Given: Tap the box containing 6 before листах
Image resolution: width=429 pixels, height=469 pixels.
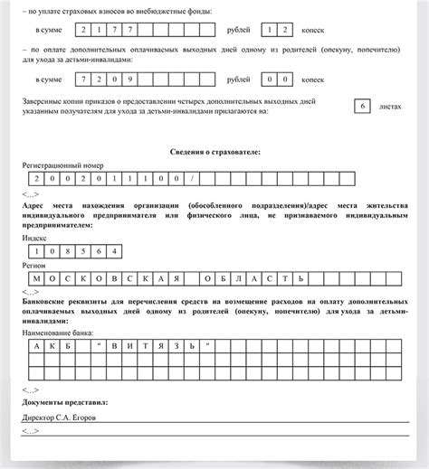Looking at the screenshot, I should (362, 107).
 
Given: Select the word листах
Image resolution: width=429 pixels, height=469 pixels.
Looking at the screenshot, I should (391, 107).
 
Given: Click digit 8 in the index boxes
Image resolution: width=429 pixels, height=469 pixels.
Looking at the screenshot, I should (68, 251).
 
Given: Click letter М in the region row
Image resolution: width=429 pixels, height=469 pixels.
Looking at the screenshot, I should (36, 279).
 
